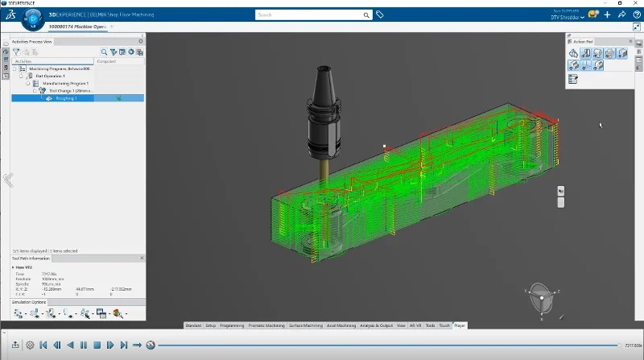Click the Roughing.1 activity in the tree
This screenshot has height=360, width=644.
(66, 98)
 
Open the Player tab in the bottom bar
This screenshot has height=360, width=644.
(460, 325)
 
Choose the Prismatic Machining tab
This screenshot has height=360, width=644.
(268, 325)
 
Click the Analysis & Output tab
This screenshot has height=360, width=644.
(377, 325)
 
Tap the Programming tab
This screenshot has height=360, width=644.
(232, 325)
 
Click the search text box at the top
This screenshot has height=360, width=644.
(314, 14)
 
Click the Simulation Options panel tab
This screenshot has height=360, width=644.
(30, 301)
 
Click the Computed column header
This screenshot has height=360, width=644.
(106, 61)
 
